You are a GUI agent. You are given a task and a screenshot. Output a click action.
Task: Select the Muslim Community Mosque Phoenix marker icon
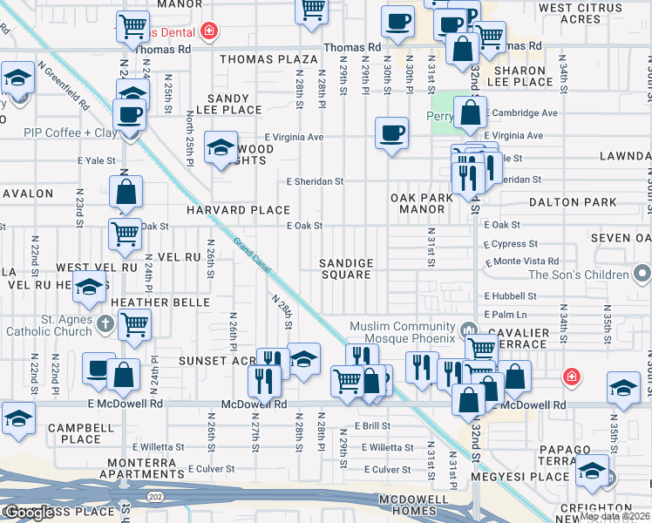click(x=469, y=330)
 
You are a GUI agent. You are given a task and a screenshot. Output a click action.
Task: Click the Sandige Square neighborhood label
click(x=346, y=268)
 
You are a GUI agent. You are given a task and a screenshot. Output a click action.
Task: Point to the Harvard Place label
click(x=237, y=210)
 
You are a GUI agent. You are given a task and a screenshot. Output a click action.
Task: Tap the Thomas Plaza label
click(x=268, y=59)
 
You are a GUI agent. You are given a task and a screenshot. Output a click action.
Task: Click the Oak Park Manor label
click(x=423, y=204)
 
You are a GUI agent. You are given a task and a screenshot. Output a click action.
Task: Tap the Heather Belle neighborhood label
click(x=160, y=302)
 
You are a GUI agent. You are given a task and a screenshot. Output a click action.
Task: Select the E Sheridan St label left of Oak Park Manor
click(x=316, y=181)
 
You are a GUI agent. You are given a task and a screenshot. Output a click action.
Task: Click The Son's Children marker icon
click(x=642, y=275)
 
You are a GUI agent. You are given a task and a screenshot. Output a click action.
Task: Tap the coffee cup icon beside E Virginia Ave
click(x=391, y=133)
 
